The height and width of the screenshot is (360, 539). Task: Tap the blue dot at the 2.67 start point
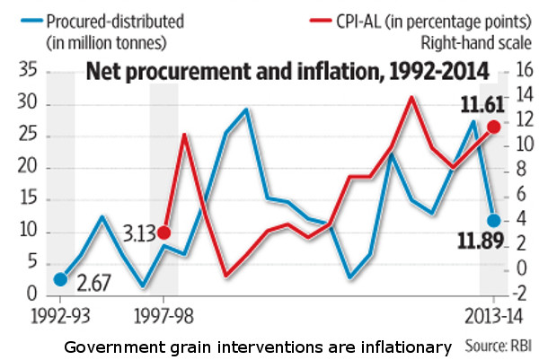pyautogui.click(x=60, y=279)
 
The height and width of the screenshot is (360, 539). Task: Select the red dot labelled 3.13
pyautogui.click(x=163, y=232)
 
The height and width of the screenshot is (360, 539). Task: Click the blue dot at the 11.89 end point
pyautogui.click(x=492, y=220)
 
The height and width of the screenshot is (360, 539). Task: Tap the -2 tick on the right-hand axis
pyautogui.click(x=522, y=294)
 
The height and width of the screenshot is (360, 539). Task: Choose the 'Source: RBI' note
pyautogui.click(x=499, y=346)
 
